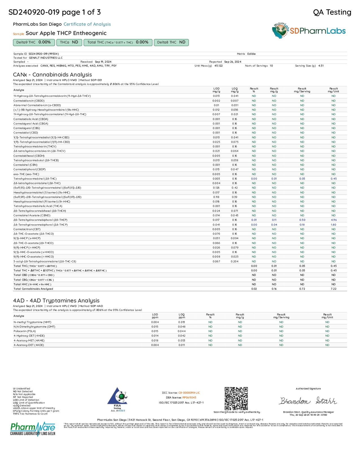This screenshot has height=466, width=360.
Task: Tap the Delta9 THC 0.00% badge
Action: click(34, 42)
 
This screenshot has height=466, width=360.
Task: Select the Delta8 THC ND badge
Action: click(171, 42)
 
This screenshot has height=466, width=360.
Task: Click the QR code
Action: click(236, 399)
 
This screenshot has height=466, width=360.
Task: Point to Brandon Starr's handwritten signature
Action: click(308, 401)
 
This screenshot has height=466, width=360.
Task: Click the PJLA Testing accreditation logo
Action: click(117, 398)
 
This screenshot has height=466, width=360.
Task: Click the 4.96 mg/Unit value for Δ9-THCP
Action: click(333, 220)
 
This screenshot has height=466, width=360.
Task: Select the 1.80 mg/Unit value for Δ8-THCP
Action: click(333, 225)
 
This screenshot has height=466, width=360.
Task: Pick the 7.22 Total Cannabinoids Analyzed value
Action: click(333, 289)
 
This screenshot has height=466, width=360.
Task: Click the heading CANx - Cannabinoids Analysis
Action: click(53, 75)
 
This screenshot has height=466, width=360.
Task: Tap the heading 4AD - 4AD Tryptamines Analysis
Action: click(56, 300)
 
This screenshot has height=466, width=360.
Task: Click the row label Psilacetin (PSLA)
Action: click(25, 331)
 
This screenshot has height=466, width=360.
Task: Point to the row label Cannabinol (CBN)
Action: click(25, 165)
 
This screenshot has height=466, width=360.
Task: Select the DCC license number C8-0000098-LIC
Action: click(189, 393)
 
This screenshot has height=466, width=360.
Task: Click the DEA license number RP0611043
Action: click(189, 398)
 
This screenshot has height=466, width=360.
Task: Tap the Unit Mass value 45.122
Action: click(218, 66)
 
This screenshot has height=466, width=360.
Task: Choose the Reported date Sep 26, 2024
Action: click(233, 62)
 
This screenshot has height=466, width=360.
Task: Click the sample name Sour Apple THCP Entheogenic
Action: click(66, 33)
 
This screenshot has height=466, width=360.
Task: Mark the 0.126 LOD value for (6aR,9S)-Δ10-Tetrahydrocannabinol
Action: click(216, 188)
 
